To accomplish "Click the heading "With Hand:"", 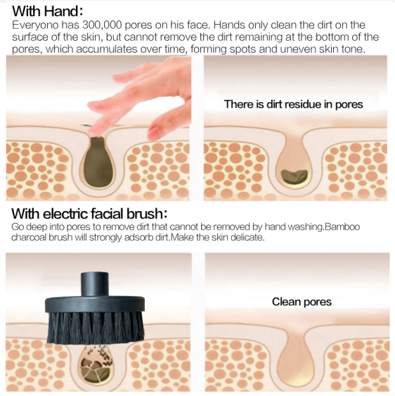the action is tap(48, 11).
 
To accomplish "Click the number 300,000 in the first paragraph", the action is tap(102, 25).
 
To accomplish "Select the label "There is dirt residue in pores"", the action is tap(294, 104).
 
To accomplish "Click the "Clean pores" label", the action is tap(302, 302).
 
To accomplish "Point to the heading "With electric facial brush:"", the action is tap(89, 213).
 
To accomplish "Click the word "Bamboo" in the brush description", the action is tap(342, 226).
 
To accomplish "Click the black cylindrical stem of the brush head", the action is tap(95, 284).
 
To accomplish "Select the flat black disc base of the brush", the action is tap(95, 305).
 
